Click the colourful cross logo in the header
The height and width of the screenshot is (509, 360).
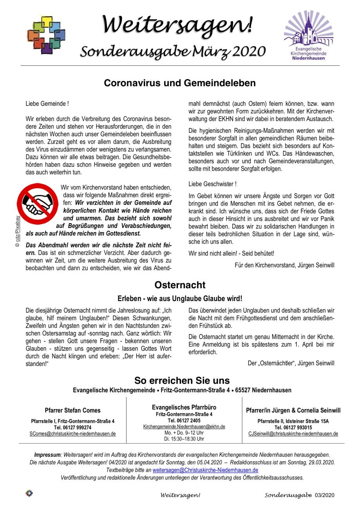tap(46, 34)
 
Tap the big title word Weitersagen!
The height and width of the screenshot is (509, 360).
tap(177, 24)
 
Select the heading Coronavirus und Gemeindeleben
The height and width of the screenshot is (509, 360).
tap(180, 83)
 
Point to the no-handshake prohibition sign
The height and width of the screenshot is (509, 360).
tap(37, 204)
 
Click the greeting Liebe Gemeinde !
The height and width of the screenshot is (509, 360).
tap(47, 104)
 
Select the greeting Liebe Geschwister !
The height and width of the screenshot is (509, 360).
tap(212, 184)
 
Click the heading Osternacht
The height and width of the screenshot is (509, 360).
tap(180, 285)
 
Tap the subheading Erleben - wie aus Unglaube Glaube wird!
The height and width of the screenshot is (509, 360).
tap(180, 298)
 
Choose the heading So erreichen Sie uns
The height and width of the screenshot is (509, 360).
tap(182, 380)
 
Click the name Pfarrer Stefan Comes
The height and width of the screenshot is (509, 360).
tap(72, 410)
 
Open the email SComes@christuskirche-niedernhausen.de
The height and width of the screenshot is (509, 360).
tap(73, 434)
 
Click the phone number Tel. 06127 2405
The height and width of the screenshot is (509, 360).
tap(184, 421)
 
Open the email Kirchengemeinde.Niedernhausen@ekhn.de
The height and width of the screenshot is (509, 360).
tap(184, 427)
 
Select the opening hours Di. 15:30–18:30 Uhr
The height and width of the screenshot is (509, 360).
tap(184, 439)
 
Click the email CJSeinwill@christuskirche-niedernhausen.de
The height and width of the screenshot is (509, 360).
tap(293, 434)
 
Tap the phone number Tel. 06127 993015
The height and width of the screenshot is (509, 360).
tap(293, 428)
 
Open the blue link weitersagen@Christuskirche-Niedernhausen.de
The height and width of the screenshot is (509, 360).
tap(205, 470)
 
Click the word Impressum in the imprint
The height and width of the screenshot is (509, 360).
tap(47, 455)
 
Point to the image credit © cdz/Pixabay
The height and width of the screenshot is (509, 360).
tap(17, 231)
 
